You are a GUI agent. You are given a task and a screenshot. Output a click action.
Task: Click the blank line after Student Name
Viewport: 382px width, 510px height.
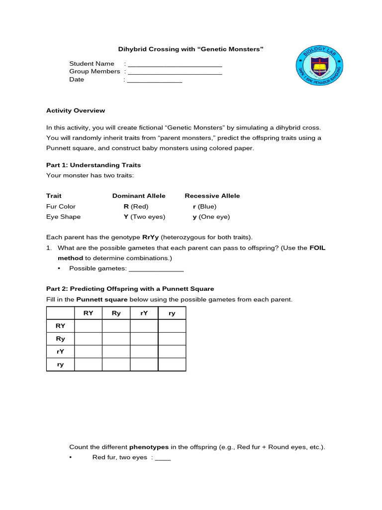tap(175, 64)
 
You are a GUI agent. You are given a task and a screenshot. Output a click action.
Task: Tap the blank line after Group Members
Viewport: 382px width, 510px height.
tap(175, 72)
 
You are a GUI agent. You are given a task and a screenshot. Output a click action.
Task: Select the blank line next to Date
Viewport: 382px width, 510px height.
tap(155, 80)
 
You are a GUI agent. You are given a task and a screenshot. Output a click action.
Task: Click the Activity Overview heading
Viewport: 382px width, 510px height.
tap(76, 111)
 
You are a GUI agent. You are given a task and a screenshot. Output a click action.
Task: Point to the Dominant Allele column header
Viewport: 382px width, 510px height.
tap(139, 196)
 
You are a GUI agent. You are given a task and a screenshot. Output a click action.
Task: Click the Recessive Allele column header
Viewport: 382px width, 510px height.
tap(212, 196)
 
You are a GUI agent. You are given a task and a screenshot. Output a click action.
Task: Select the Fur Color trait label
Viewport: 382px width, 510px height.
tap(61, 206)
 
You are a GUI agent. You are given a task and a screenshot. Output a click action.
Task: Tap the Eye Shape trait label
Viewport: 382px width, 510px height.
tap(63, 217)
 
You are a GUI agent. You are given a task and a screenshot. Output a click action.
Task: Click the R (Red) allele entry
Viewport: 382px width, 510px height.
tap(136, 206)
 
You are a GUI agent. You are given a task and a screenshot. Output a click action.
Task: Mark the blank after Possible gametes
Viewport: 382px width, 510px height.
tap(156, 269)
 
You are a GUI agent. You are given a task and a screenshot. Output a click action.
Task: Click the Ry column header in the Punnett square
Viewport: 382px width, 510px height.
tap(116, 313)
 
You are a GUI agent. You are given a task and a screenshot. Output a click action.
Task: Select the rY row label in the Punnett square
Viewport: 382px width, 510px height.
tap(60, 352)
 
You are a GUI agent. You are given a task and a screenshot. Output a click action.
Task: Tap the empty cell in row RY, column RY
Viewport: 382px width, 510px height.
tap(88, 326)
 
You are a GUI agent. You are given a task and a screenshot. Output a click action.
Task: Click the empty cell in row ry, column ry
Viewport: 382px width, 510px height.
tap(172, 365)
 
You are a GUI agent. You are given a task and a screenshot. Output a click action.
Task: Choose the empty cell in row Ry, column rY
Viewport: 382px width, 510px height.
tap(144, 339)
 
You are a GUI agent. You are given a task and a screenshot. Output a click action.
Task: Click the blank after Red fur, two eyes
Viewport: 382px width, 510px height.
tap(163, 458)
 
